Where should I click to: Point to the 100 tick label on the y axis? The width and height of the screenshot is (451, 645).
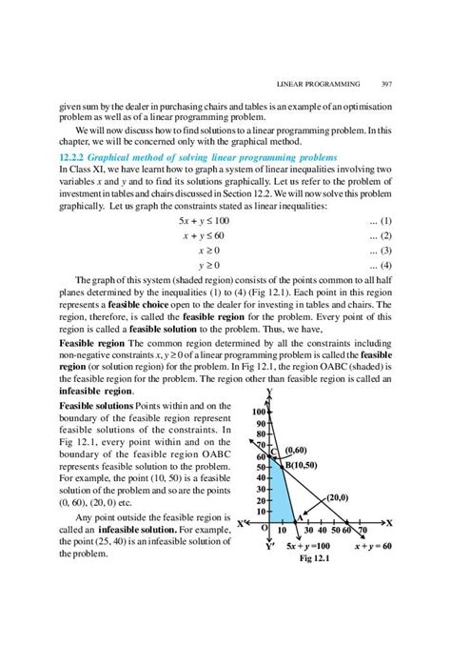click(x=262, y=413)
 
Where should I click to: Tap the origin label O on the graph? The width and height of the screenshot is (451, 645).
click(x=265, y=528)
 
